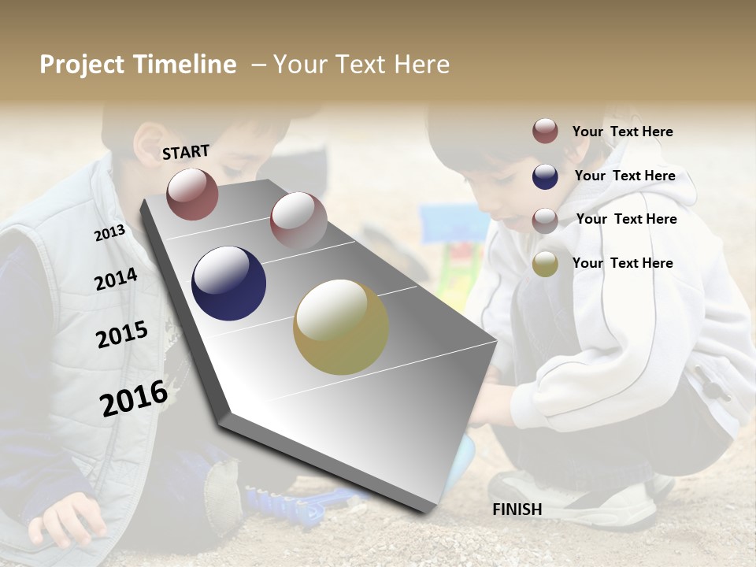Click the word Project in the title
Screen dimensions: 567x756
point(83,65)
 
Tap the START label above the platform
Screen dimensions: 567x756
point(186,152)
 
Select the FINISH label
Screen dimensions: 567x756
point(517,510)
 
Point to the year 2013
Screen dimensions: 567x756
point(109,232)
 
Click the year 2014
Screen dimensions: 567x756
point(116,279)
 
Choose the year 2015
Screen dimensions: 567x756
point(122,335)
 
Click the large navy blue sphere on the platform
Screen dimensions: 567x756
point(228,283)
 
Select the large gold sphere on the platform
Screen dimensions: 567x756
point(340,327)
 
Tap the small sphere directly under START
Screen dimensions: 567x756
point(192,194)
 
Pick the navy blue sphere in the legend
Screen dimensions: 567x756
point(545,176)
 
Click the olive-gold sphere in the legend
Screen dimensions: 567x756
point(545,264)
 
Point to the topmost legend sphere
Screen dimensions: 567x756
point(545,131)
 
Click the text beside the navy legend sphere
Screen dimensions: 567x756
point(624,176)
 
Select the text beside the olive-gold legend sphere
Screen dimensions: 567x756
point(623,263)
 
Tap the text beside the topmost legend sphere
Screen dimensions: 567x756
point(623,132)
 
